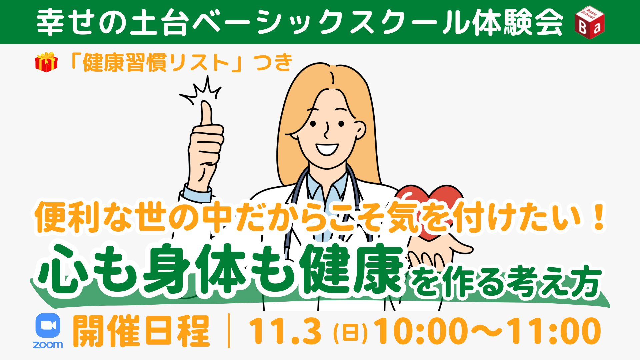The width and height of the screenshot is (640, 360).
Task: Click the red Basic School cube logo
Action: [x=590, y=22]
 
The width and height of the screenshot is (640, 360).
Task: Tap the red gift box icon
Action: [x=47, y=62]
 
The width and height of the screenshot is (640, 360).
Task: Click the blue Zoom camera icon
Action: [x=48, y=326]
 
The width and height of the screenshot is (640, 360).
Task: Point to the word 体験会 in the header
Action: [x=519, y=22]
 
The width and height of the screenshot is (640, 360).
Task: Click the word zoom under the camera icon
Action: [x=48, y=344]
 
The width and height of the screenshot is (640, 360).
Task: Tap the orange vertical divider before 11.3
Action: [x=229, y=331]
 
